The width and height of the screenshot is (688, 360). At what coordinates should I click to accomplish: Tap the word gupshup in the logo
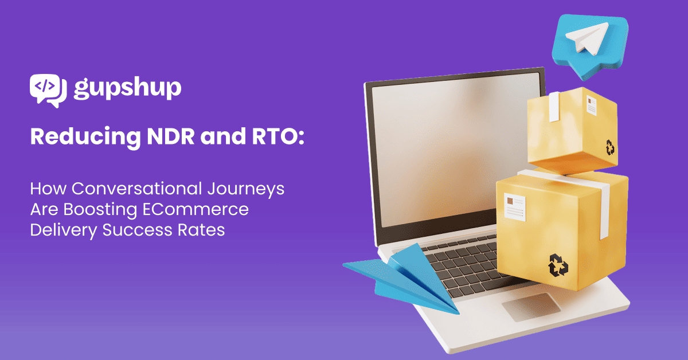click(x=127, y=88)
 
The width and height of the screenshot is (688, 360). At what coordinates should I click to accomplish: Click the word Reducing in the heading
click(x=85, y=137)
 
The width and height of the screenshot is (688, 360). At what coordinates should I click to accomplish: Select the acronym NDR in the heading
click(x=170, y=136)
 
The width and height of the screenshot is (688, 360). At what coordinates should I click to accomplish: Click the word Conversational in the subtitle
click(x=137, y=188)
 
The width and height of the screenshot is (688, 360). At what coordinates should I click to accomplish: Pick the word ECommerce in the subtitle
click(x=196, y=209)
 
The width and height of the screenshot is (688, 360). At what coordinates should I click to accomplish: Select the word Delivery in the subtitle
click(x=64, y=230)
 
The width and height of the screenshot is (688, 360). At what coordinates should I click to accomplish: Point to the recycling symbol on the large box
click(x=558, y=265)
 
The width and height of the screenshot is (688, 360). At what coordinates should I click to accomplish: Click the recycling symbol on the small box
click(x=609, y=147)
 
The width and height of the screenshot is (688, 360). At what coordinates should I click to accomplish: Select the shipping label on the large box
click(x=514, y=207)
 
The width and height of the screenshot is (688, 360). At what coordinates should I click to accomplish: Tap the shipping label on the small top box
click(x=591, y=105)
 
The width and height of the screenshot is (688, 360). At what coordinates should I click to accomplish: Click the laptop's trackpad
click(x=531, y=307)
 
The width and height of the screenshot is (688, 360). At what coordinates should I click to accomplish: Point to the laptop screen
click(x=452, y=151)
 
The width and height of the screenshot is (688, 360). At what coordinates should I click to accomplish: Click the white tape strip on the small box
click(x=554, y=107)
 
